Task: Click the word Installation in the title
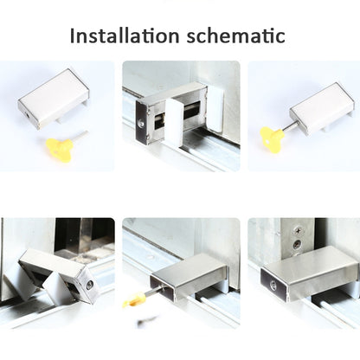tap(125, 35)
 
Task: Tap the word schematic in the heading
tap(235, 35)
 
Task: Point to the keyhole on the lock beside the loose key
tap(27, 115)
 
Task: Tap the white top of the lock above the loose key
tap(54, 97)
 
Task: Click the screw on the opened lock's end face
tap(141, 124)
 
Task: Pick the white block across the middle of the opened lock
tap(174, 121)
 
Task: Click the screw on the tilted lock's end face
tap(89, 285)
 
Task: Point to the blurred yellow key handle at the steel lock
tap(133, 300)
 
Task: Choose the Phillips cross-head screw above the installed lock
tap(297, 231)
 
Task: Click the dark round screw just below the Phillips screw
tap(297, 245)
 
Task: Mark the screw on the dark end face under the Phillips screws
tap(273, 286)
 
